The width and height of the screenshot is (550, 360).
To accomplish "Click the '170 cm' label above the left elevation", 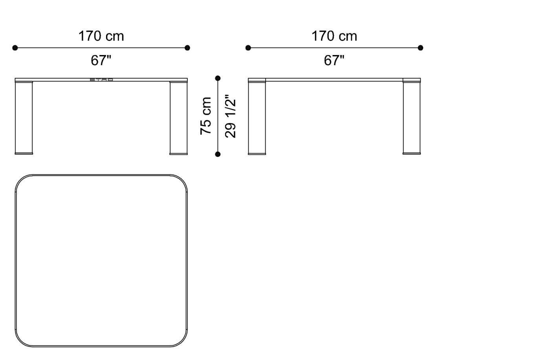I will pyautogui.click(x=101, y=36).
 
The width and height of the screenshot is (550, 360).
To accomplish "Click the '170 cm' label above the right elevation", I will pyautogui.click(x=334, y=36).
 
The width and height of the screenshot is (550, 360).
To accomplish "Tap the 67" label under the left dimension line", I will pyautogui.click(x=101, y=61).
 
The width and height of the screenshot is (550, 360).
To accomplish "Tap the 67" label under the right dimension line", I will pyautogui.click(x=334, y=61).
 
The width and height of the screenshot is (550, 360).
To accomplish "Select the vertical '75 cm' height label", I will pyautogui.click(x=206, y=116).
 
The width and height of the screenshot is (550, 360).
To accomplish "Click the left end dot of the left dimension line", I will pyautogui.click(x=15, y=48).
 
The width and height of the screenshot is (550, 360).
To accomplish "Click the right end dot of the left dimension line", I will pyautogui.click(x=187, y=48).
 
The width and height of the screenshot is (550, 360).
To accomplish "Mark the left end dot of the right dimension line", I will pyautogui.click(x=248, y=48).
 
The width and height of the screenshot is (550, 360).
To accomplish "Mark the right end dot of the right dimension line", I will pyautogui.click(x=420, y=48).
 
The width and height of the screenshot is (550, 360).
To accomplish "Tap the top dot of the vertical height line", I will pyautogui.click(x=218, y=78).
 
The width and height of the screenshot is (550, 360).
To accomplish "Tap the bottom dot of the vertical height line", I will pyautogui.click(x=218, y=154).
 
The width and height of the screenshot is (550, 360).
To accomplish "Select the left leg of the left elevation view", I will pyautogui.click(x=24, y=118).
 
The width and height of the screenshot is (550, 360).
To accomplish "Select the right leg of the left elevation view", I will pyautogui.click(x=179, y=118).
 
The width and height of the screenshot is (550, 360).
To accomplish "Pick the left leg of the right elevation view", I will pyautogui.click(x=257, y=118).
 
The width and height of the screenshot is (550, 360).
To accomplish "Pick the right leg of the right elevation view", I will pyautogui.click(x=412, y=118).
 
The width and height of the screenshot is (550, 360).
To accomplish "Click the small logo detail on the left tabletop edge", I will pyautogui.click(x=101, y=80).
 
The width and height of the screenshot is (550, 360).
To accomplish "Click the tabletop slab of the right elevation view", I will pyautogui.click(x=334, y=80).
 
